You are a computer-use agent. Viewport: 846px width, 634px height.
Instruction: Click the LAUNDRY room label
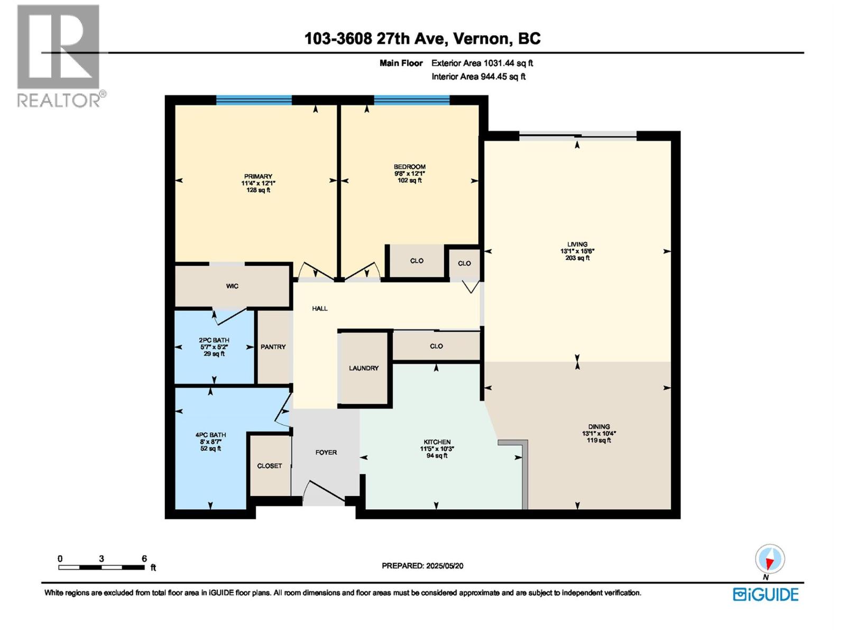tap(364, 368)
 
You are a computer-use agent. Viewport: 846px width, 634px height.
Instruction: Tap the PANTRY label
tap(273, 347)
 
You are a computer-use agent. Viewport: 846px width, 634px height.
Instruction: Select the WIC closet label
tap(232, 286)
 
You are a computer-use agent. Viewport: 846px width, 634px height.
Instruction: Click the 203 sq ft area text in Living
tap(577, 258)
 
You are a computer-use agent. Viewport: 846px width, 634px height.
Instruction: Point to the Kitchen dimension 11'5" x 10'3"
tap(437, 449)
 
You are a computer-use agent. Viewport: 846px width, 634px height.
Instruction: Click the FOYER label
tap(326, 452)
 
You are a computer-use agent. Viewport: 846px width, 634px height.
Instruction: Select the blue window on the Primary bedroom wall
tap(254, 100)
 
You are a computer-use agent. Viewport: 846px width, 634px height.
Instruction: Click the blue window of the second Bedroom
tap(411, 100)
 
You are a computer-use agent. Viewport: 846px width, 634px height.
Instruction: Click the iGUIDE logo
tap(766, 594)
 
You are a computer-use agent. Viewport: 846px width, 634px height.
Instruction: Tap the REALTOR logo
tap(59, 55)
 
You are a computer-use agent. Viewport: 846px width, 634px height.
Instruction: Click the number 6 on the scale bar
tap(144, 558)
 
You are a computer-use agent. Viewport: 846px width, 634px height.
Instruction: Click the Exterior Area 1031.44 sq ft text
tap(482, 63)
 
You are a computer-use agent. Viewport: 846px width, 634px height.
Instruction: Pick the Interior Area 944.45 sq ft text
tap(478, 77)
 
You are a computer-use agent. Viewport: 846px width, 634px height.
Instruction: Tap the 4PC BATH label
tap(210, 435)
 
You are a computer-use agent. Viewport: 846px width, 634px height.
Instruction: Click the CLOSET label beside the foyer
tap(270, 466)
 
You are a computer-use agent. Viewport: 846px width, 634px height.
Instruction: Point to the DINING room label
tap(599, 427)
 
